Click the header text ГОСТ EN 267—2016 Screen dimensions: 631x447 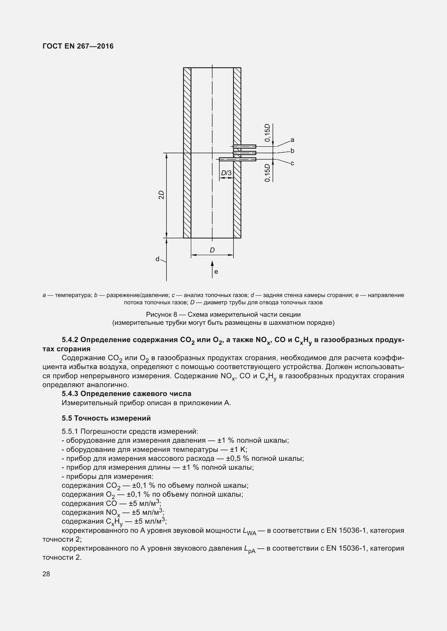[78, 46]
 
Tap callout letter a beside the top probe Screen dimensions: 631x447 [292, 140]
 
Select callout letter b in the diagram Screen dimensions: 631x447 [292, 151]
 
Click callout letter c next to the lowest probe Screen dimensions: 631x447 [292, 163]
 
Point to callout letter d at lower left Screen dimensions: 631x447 [158, 259]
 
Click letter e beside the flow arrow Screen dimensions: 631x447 [216, 272]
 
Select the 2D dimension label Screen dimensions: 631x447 [161, 195]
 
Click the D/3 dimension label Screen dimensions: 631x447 [226, 173]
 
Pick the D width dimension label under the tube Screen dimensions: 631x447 [212, 250]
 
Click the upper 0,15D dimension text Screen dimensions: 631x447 [267, 133]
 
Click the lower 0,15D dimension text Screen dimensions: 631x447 [267, 173]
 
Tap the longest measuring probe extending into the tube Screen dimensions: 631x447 [238, 159]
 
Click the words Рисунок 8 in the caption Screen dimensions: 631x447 [161, 314]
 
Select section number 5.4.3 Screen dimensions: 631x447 [70, 394]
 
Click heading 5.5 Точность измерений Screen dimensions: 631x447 [106, 418]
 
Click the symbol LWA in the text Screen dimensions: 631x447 [249, 531]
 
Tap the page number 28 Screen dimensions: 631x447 [46, 574]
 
